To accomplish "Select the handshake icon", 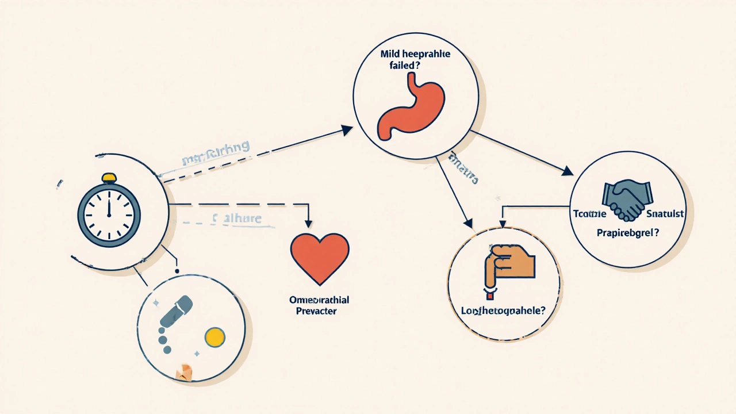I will (x=627, y=200).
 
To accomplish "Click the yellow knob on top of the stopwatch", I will (x=109, y=178).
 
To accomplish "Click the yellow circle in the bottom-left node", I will (x=214, y=338).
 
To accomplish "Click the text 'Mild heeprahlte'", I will (x=415, y=54).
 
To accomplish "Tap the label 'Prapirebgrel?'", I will (x=628, y=234).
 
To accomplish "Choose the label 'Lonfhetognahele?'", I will (x=503, y=310).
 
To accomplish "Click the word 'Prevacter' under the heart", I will (x=316, y=311).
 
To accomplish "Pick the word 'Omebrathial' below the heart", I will (x=320, y=300).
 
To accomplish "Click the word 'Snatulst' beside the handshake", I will (x=665, y=214).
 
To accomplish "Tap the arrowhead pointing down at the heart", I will (x=309, y=224).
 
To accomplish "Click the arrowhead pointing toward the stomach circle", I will (x=346, y=131).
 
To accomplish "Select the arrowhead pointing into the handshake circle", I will (x=567, y=171).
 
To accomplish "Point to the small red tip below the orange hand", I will (x=490, y=296).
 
